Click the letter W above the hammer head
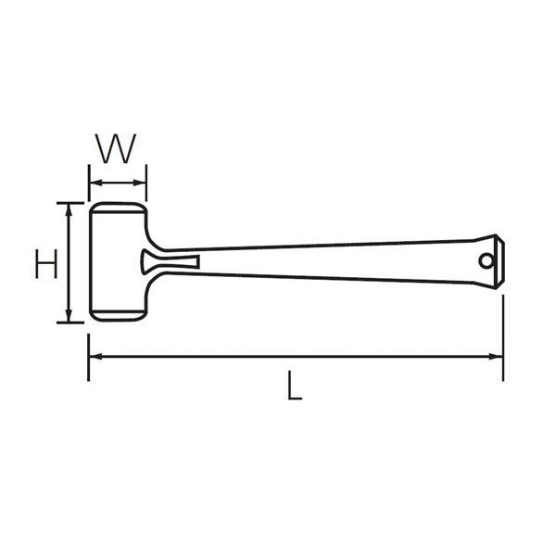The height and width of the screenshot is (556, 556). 118,148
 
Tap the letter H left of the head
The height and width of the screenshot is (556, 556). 45,263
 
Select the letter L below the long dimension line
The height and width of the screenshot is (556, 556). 294,385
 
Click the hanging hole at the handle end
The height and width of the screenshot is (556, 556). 485,261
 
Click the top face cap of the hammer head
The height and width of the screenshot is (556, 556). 118,207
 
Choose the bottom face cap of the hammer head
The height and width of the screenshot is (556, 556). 118,315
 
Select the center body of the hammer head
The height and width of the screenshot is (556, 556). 118,261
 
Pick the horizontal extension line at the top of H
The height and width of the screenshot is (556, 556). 72,202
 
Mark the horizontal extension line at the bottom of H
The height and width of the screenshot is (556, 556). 72,322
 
